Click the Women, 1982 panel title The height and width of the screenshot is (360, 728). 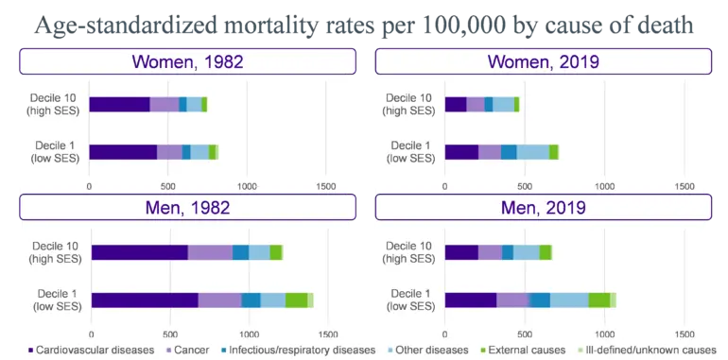click(x=187, y=61)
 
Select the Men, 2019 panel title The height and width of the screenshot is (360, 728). click(x=544, y=207)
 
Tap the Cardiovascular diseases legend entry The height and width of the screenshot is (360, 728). click(x=91, y=350)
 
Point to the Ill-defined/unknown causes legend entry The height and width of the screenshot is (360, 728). click(x=647, y=350)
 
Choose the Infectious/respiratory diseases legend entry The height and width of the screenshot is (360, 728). click(x=296, y=350)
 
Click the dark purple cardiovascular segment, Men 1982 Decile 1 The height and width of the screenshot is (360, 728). click(x=145, y=300)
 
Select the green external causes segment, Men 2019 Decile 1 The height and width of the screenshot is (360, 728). click(x=599, y=300)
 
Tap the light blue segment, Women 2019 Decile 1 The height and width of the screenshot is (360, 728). click(x=533, y=152)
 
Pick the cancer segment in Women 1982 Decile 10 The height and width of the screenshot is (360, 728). click(x=165, y=104)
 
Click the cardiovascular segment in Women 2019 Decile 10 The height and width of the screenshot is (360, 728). click(x=456, y=104)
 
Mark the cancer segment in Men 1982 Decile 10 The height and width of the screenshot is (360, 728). click(x=210, y=252)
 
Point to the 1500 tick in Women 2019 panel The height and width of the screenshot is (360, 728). click(x=684, y=186)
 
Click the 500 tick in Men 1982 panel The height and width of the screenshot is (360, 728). click(x=170, y=334)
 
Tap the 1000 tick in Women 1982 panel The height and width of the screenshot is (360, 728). click(x=247, y=186)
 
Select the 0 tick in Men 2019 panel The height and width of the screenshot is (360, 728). click(x=445, y=334)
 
